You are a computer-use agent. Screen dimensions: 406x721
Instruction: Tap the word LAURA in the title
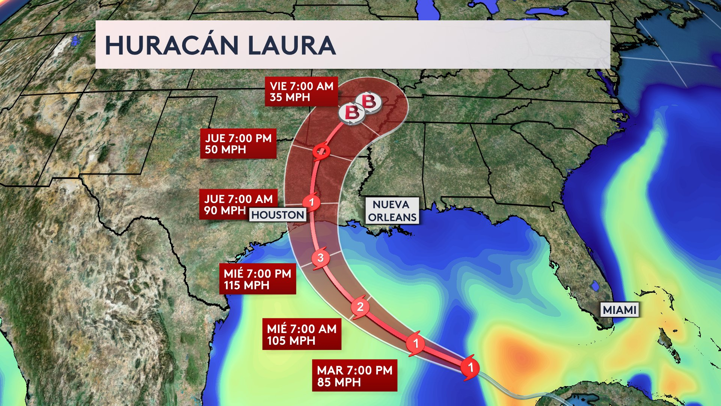(291, 45)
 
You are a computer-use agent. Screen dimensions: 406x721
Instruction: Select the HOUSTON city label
(278, 215)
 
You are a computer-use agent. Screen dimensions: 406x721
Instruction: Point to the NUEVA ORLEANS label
(392, 211)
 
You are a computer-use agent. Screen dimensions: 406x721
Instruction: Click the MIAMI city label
(620, 310)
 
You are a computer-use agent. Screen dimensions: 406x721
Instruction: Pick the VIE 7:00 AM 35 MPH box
(301, 92)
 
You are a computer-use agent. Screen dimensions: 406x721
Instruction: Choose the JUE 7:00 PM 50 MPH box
(238, 144)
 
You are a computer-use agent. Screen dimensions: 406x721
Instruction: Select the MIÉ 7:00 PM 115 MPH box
(257, 279)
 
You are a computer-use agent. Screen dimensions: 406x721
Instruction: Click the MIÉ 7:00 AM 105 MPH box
(302, 334)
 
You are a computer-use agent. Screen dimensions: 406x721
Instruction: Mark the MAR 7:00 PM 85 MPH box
(354, 376)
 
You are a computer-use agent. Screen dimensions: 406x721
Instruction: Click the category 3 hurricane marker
(320, 258)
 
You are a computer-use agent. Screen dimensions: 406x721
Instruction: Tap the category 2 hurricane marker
(360, 307)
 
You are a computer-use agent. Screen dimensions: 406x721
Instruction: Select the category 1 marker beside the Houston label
(311, 202)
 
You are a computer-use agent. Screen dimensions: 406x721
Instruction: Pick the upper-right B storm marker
(369, 101)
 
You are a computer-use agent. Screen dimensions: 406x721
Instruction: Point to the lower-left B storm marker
(351, 112)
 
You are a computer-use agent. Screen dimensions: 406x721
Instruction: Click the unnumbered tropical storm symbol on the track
(321, 152)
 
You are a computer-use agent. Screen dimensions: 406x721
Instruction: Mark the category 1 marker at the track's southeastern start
(470, 367)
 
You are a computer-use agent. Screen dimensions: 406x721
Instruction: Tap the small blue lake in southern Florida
(595, 286)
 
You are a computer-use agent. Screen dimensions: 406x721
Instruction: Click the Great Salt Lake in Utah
(76, 39)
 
